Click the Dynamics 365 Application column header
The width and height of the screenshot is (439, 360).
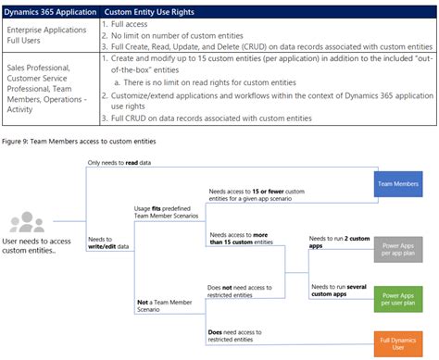coord(52,10)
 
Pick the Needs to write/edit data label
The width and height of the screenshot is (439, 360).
coord(108,242)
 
